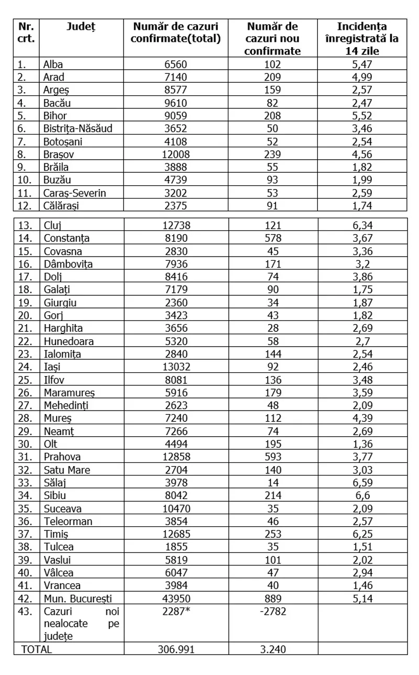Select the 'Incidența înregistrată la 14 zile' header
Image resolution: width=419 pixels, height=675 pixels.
362,38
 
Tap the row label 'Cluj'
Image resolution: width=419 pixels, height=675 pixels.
53,226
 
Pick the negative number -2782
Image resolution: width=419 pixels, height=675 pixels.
273,610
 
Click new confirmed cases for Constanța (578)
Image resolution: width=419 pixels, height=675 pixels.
273,238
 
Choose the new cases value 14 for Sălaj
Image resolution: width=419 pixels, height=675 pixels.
273,482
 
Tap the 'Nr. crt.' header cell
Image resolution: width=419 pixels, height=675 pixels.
26,32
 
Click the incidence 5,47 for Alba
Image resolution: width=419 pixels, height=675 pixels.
362,65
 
